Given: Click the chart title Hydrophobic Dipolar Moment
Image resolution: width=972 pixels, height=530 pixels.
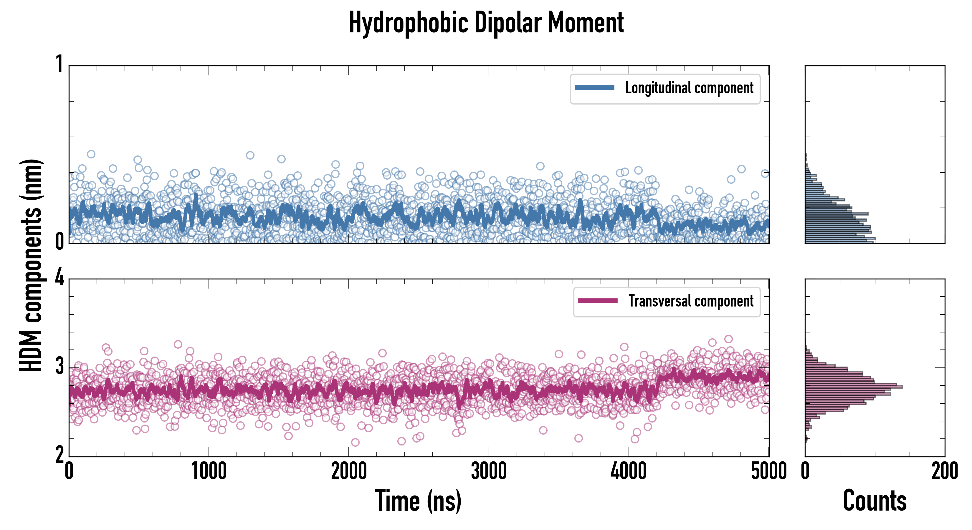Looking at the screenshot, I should (x=486, y=23).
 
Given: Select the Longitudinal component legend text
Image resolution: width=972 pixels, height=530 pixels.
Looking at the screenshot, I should (x=689, y=88).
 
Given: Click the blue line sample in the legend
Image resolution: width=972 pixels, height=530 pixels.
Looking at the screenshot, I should (x=594, y=88).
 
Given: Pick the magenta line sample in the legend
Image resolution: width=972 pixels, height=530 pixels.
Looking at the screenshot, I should (x=598, y=301).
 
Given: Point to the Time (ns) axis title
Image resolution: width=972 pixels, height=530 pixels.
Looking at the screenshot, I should (x=418, y=501).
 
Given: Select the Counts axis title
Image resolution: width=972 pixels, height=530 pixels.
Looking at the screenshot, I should (x=874, y=501).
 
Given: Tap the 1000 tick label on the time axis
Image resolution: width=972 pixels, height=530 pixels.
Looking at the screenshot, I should (x=209, y=471).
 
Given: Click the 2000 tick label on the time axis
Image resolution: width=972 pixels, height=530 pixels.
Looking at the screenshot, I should (x=349, y=471).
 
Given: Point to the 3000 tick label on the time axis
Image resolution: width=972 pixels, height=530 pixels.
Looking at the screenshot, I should (x=489, y=471).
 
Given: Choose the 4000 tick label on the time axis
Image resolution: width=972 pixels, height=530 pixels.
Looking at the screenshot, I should (x=629, y=471).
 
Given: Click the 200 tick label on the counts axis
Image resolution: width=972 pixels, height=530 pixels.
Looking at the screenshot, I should (x=944, y=471).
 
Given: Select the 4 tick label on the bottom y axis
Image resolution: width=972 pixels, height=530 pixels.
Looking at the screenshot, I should (x=59, y=278).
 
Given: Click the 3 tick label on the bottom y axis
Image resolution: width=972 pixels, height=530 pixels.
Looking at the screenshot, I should (x=59, y=366).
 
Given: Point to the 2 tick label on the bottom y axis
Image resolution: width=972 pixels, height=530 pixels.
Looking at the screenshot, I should (x=59, y=455).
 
